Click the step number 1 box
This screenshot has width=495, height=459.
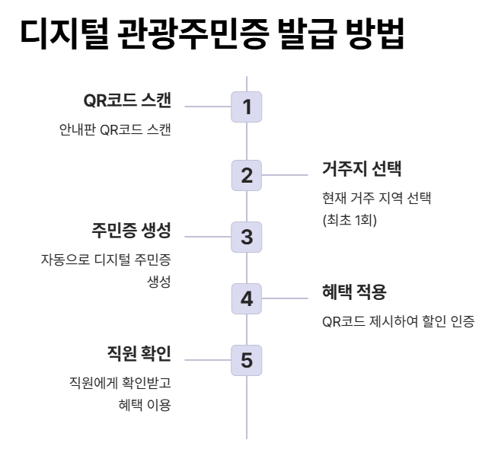point(247,107)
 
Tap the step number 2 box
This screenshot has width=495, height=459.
point(247,175)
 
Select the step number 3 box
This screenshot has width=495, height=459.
point(247,236)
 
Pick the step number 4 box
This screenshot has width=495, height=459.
point(247,298)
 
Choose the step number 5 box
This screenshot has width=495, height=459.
point(247,359)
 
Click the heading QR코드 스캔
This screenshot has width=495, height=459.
point(126,100)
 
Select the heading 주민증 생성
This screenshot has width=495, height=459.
point(131,230)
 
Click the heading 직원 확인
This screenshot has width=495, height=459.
point(139,353)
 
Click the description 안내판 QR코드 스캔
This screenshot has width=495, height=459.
point(114,129)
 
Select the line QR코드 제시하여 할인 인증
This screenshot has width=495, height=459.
point(399,321)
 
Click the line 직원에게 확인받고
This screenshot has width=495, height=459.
point(120,382)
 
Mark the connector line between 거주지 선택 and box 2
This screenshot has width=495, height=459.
point(285,175)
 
